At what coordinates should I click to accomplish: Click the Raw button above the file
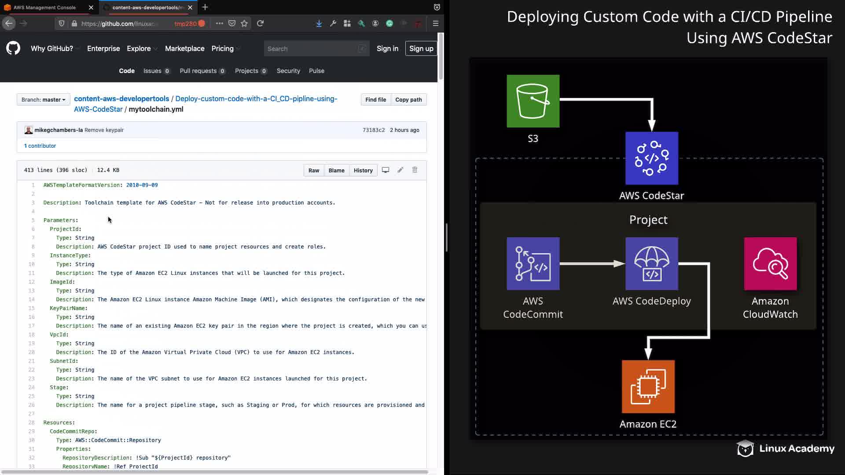314,171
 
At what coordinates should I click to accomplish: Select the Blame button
336,171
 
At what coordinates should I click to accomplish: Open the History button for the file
363,171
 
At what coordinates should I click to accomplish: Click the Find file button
375,100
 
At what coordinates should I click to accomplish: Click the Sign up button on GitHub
421,49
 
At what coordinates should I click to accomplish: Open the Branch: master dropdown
43,100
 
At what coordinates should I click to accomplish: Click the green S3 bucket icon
533,101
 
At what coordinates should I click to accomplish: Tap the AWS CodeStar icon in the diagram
652,158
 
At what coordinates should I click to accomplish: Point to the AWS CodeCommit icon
533,264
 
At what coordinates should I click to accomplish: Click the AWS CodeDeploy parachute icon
652,264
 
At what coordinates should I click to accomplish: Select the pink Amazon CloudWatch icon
770,264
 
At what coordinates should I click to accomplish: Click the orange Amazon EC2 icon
648,387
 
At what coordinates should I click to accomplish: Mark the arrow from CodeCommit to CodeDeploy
592,264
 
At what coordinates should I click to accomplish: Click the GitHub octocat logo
13,48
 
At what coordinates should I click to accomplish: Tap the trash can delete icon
415,170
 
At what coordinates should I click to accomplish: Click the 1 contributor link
40,146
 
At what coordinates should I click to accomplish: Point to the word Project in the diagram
648,220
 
